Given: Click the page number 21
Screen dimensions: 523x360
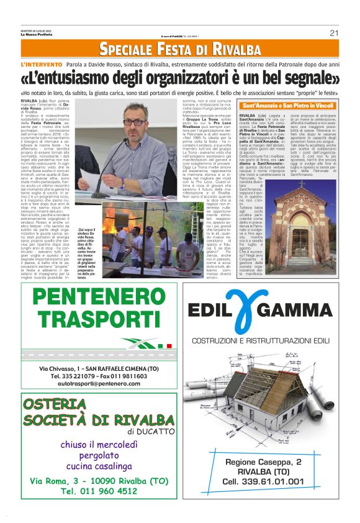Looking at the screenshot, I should click(333, 33).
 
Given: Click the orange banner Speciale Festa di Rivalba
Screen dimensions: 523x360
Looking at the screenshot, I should click(180, 49).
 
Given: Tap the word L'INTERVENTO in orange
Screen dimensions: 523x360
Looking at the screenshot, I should click(42, 65).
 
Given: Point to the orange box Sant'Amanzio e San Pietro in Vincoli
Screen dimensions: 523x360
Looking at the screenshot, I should click(289, 106).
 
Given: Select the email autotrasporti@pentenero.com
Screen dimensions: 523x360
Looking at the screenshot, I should click(94, 383).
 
